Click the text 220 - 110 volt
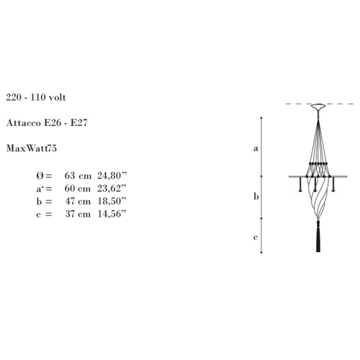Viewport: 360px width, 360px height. point(36,97)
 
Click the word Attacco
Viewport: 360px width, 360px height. point(24,123)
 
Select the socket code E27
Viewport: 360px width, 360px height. point(78,123)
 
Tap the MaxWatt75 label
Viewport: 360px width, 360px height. point(32,148)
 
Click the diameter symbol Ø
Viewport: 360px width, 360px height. point(40,176)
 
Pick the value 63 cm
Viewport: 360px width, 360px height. point(78,176)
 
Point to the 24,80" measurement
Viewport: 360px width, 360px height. point(112,176)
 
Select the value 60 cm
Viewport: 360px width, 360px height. point(78,189)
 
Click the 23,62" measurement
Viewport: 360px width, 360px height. point(112,189)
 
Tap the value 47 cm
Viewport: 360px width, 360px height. point(78,202)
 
